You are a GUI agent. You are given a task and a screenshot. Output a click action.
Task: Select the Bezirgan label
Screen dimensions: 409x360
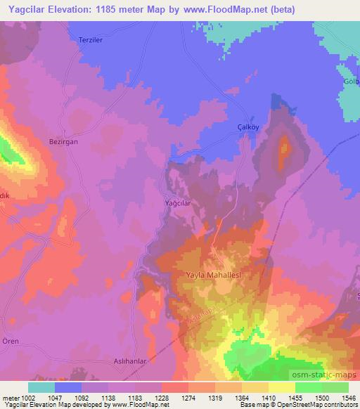tap(63, 141)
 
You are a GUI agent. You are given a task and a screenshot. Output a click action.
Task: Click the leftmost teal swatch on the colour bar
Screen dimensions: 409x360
tap(41, 387)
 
